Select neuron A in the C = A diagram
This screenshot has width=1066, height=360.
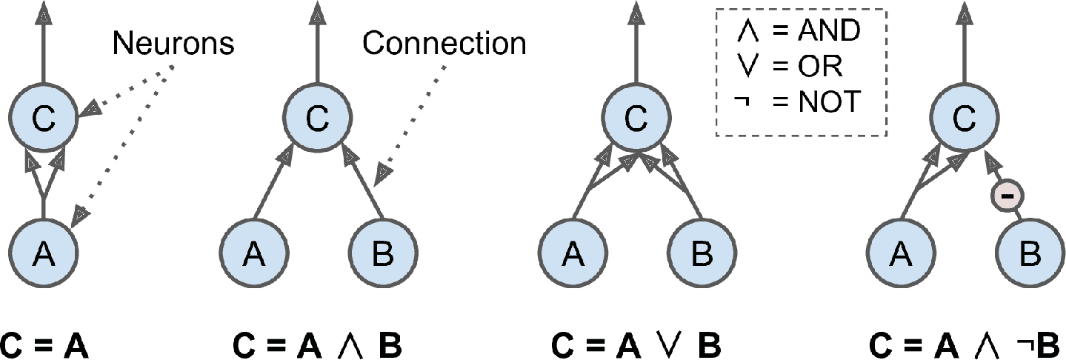[x=44, y=255]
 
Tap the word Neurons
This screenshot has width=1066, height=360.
[x=173, y=44]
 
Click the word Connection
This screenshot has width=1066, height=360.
[x=444, y=44]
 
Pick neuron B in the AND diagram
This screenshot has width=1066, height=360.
[x=382, y=255]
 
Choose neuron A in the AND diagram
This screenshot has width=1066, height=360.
[x=253, y=255]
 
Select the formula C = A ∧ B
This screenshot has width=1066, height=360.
[x=318, y=345]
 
